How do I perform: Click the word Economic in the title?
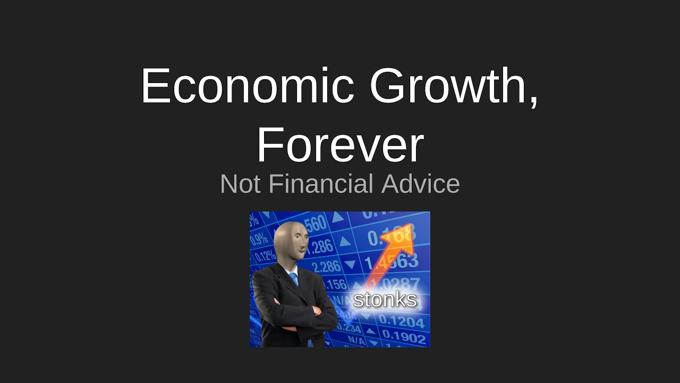pos(247,86)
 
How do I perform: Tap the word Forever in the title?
pos(340,145)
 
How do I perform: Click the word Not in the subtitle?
pos(240,184)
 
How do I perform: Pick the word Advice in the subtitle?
pos(420,184)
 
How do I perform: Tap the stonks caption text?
pos(385,299)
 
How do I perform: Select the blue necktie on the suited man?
pos(294,280)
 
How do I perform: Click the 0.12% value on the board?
pos(265,256)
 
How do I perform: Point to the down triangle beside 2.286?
pos(350,264)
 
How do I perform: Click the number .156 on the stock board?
pos(335,285)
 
